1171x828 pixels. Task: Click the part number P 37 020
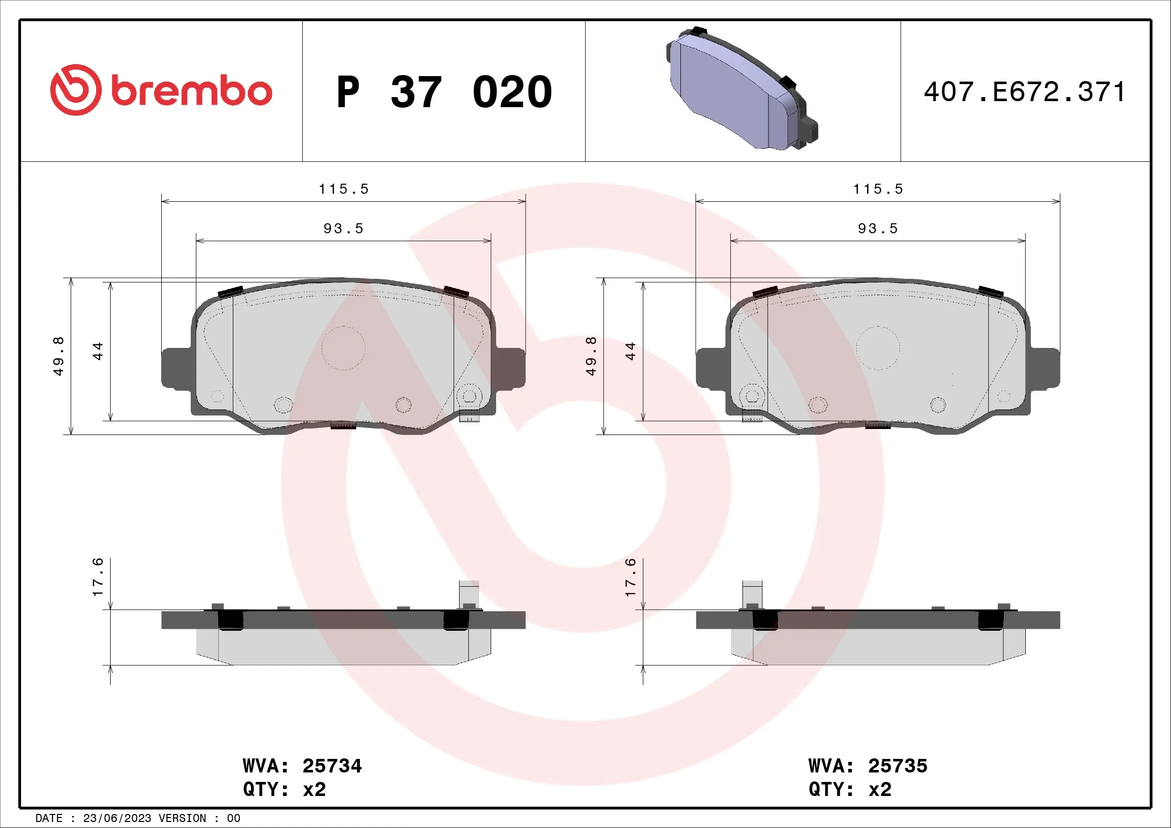pos(444,92)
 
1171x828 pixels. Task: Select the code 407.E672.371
pos(1024,92)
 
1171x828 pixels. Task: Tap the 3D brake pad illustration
pos(742,89)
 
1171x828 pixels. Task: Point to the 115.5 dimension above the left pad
pos(343,189)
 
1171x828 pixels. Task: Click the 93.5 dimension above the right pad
pos(877,228)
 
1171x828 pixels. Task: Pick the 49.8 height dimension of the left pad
pos(59,356)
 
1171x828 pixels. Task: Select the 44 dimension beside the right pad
pos(631,351)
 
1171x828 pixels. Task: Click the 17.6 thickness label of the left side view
pos(98,577)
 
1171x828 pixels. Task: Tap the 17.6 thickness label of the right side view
pos(631,577)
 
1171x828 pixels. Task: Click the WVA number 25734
pos(332,766)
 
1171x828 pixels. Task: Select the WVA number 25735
pos(898,766)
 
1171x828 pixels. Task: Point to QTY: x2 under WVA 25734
pos(284,789)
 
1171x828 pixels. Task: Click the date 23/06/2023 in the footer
pos(117,818)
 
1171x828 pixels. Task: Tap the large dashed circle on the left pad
pos(343,348)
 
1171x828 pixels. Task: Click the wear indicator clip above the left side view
pos(469,594)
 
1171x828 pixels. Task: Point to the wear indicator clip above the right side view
pos(752,594)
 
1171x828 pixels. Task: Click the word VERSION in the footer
pos(182,818)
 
